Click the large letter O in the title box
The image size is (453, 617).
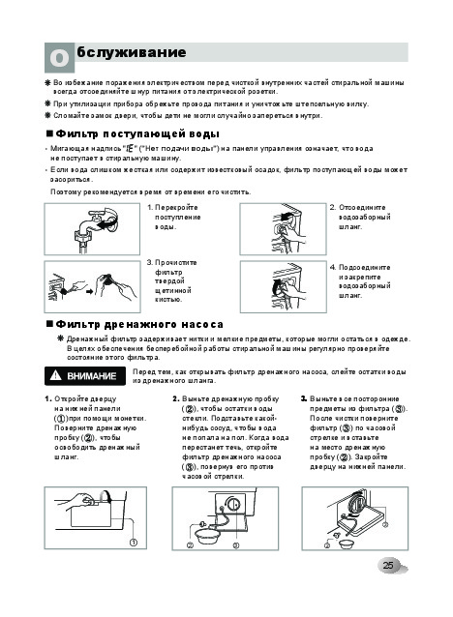tap(59, 58)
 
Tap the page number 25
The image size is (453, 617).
tap(388, 565)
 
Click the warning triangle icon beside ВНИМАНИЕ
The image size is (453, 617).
tap(56, 375)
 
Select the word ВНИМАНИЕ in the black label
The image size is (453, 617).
tap(92, 376)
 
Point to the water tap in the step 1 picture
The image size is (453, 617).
tap(93, 227)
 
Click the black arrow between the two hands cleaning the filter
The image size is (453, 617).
tap(90, 292)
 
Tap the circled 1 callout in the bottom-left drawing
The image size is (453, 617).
tap(134, 543)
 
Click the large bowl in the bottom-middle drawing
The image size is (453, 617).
tap(206, 537)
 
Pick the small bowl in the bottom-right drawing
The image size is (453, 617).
tap(347, 544)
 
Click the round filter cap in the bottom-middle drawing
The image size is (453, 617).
tap(232, 504)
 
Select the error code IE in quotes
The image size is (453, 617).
tap(129, 149)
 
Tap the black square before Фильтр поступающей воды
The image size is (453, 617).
tap(49, 133)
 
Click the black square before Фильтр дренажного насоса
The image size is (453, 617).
tap(49, 324)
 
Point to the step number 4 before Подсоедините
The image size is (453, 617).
tap(333, 268)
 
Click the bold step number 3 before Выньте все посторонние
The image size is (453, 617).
tap(304, 399)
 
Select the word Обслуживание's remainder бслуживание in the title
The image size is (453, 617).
tap(132, 52)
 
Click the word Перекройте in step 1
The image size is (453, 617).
tap(176, 208)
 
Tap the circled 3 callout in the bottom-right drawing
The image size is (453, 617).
tap(385, 524)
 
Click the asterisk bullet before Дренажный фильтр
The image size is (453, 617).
tap(60, 338)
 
